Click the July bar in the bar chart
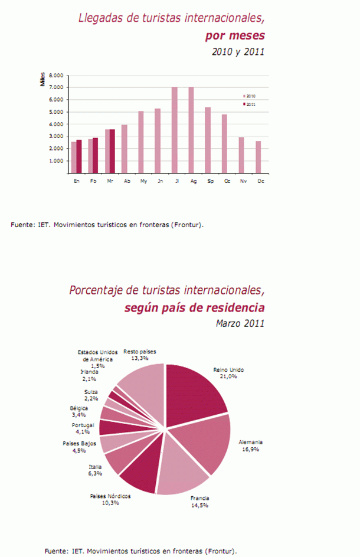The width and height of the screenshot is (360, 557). [175, 130]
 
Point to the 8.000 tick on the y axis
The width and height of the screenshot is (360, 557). [56, 76]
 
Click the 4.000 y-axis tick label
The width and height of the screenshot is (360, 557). [56, 124]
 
